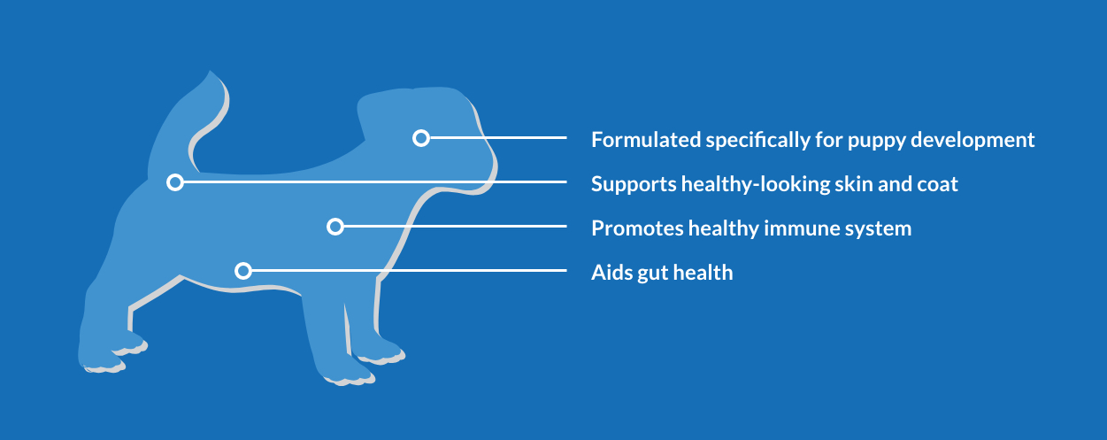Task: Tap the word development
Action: (x=972, y=141)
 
